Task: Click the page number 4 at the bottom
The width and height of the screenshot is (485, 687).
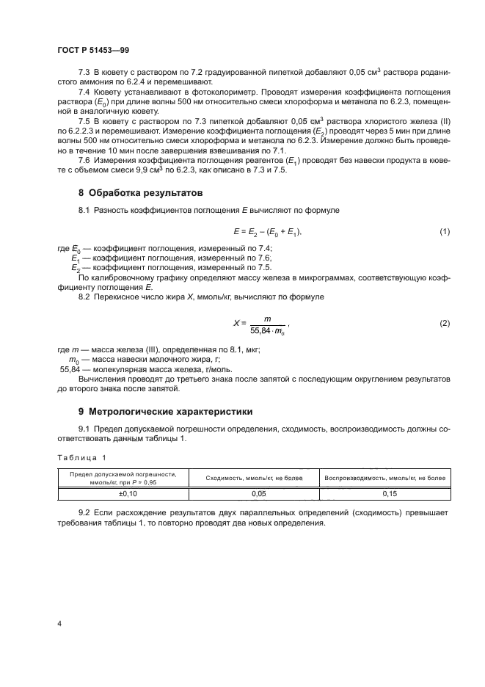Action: [59, 624]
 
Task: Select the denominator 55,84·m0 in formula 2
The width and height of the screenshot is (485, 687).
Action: [267, 330]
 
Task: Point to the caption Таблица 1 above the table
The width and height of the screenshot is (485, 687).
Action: [81, 457]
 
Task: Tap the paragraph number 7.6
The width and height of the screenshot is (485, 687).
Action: [84, 160]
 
